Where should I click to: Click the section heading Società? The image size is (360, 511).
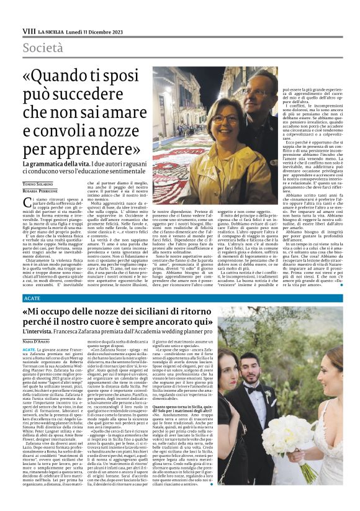tap(42, 48)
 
